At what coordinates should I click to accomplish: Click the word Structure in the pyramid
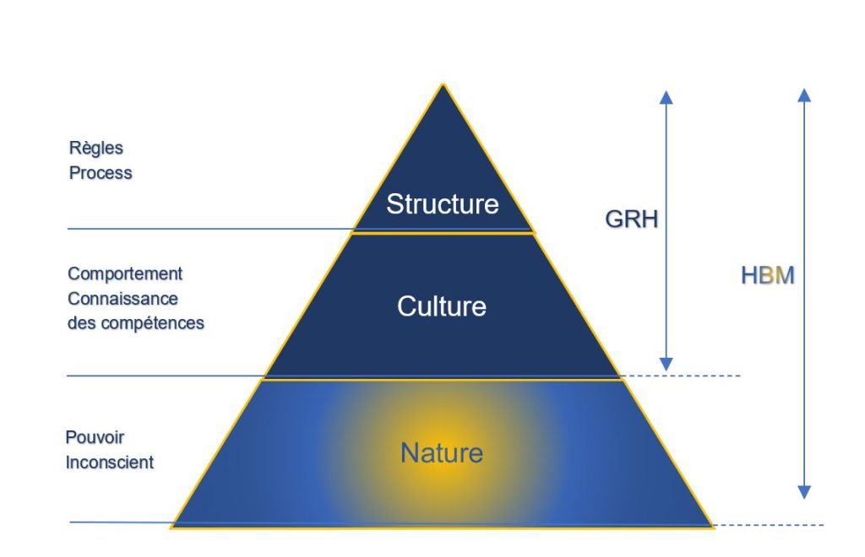click(443, 204)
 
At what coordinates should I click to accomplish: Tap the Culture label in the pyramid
click(442, 306)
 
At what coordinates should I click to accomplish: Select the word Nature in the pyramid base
click(442, 453)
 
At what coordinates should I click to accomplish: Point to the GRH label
click(631, 219)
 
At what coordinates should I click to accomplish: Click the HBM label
click(768, 275)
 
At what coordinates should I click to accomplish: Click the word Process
click(101, 173)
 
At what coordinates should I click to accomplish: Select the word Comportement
click(125, 274)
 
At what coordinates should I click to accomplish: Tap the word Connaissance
click(122, 299)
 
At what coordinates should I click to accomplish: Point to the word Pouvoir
click(95, 438)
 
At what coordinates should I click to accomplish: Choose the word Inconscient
click(109, 462)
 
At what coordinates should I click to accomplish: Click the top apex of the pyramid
click(443, 85)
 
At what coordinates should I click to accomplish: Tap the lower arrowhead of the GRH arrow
click(666, 363)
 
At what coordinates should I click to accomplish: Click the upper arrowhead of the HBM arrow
click(804, 95)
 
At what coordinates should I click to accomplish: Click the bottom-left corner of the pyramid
click(172, 526)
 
